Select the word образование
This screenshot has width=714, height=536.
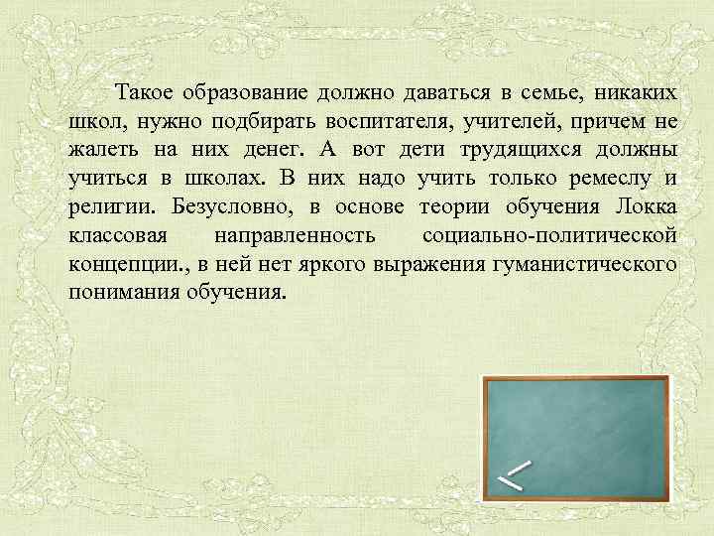click(247, 93)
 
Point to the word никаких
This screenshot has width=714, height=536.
click(632, 93)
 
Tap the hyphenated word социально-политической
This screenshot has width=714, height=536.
click(549, 237)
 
